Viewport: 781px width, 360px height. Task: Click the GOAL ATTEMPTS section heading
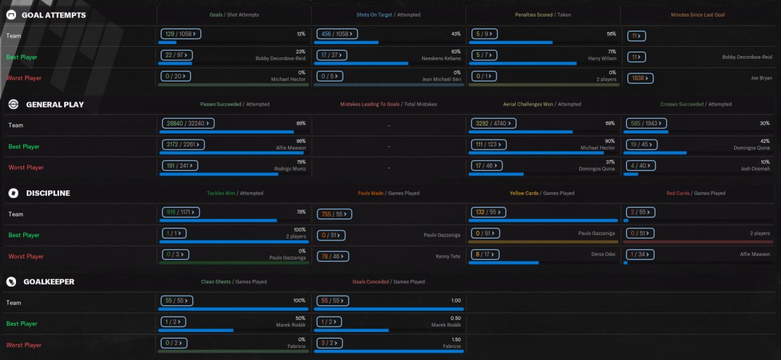(53, 15)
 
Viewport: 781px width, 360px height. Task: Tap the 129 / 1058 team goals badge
(182, 33)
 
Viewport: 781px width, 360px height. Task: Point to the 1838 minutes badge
(640, 78)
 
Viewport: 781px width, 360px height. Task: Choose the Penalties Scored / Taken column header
(542, 15)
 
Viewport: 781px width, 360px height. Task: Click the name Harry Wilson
(602, 58)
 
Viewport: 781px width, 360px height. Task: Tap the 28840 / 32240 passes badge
(188, 123)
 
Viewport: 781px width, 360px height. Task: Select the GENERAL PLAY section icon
(13, 104)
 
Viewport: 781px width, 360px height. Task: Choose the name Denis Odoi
(601, 254)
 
